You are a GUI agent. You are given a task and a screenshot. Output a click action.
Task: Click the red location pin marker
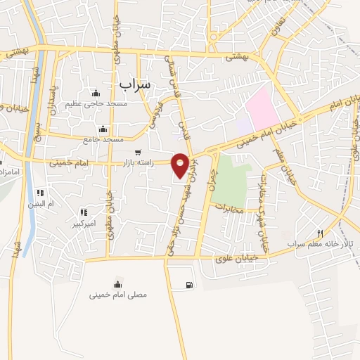coord(181,165)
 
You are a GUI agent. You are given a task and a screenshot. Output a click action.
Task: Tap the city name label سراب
coord(134,83)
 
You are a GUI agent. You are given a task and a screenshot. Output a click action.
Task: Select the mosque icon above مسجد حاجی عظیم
coord(96,94)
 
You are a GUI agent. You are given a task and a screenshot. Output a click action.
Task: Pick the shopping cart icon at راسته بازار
coord(137,152)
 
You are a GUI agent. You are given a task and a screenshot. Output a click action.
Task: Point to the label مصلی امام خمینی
coord(117,295)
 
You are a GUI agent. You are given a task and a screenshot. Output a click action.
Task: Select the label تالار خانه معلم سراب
coord(322,244)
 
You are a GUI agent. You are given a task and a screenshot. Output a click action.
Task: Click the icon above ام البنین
coord(41,193)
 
